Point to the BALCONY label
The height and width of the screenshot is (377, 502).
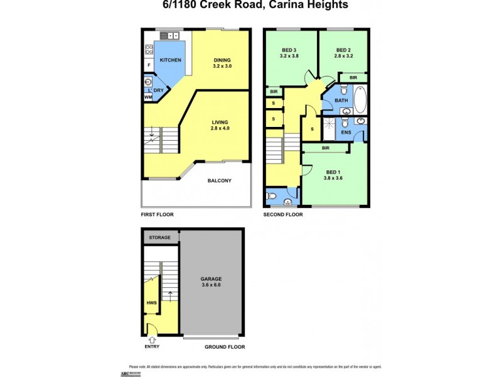pos(220,181)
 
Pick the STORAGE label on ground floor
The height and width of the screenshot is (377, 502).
pos(160,238)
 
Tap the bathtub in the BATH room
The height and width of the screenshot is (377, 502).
pos(360,99)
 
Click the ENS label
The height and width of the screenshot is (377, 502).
pos(346,133)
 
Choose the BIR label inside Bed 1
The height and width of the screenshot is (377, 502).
pos(326,148)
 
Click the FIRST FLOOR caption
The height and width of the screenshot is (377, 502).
pos(158,214)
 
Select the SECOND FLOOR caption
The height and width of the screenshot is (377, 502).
pos(283,214)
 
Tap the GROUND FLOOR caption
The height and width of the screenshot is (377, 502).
pos(225,346)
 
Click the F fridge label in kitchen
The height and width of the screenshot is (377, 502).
pos(149,65)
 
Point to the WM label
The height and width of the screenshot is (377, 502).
pos(148,97)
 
